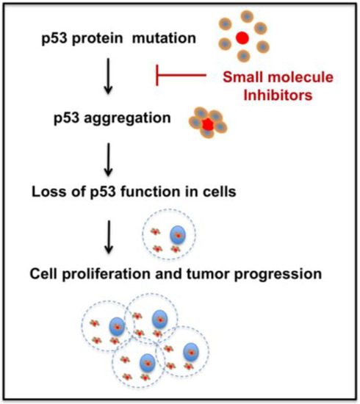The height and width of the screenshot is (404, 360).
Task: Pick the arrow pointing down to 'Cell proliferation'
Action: tap(109, 234)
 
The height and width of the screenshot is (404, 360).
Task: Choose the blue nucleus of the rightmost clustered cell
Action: tap(193, 350)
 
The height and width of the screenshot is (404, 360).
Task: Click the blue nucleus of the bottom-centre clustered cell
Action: tap(147, 361)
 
